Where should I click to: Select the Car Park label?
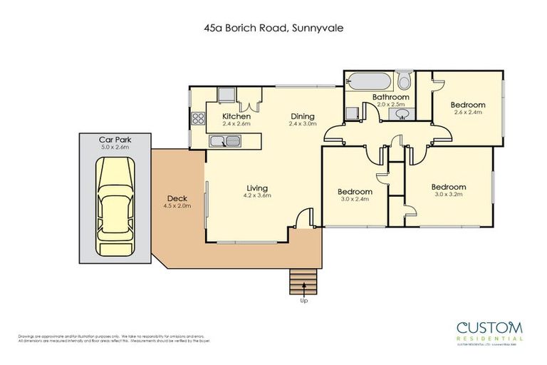pos(115,140)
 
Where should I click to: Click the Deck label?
pos(177,199)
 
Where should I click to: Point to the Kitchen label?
pos(236,116)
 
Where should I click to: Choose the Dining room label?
pos(301,116)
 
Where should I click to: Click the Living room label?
pos(257,187)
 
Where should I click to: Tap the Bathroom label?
pos(391,97)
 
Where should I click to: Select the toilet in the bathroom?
pos(405,78)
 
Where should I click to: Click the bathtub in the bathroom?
pos(368,79)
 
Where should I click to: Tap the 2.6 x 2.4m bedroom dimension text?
pos(467,113)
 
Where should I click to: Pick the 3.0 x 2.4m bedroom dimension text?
pos(354,200)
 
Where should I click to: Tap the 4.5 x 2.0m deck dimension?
pos(177,207)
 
